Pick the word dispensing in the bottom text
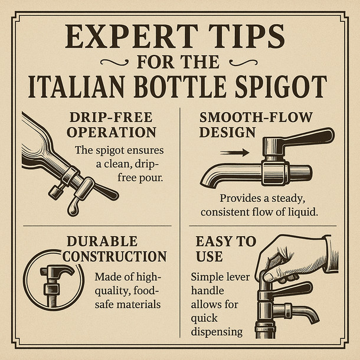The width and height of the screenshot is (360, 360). pos(217,331)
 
